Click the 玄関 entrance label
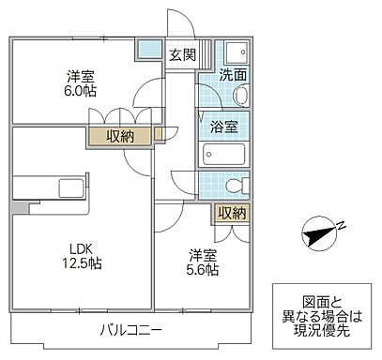point(182,55)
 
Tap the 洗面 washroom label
point(233,75)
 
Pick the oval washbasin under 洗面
point(238,96)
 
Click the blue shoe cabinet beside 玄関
point(147,50)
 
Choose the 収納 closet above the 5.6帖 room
point(231,213)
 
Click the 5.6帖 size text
point(203,270)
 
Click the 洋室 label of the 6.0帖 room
point(80,75)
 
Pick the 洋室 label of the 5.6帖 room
point(202,254)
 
